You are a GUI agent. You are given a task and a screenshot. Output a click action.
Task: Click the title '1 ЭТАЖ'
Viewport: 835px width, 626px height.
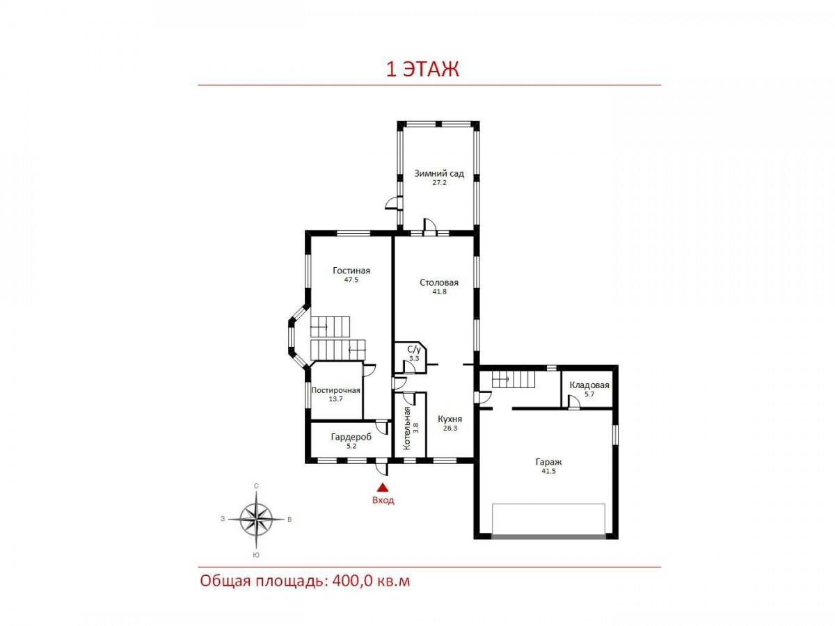[422, 69]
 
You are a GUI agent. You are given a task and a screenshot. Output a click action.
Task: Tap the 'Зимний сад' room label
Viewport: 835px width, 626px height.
[439, 174]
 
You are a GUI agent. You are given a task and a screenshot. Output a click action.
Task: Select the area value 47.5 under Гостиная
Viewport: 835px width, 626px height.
[351, 280]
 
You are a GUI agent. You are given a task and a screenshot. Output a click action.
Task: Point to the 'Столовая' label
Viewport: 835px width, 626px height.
[439, 282]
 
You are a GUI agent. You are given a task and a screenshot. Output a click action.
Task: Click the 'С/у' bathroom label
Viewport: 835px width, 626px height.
[414, 350]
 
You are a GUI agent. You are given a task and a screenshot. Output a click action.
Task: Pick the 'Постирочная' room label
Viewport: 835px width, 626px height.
[335, 390]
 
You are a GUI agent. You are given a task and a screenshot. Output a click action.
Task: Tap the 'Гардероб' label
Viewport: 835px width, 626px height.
[351, 437]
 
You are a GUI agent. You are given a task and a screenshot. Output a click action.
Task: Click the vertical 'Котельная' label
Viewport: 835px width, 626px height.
[406, 428]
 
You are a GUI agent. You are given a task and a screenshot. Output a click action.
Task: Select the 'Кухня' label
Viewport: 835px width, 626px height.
[450, 419]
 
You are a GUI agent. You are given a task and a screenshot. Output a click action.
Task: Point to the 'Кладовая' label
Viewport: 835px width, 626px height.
[589, 385]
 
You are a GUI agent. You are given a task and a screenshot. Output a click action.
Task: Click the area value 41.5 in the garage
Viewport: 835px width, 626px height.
[548, 472]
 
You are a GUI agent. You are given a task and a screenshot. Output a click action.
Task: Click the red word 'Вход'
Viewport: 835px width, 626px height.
[383, 500]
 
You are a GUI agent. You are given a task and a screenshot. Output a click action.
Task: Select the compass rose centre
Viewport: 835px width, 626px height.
[256, 519]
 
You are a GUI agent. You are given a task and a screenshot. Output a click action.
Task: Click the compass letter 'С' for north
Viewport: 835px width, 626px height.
[256, 486]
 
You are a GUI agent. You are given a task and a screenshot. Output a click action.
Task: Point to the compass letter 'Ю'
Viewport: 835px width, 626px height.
[256, 555]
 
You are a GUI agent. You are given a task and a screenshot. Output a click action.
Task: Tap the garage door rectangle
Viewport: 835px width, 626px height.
[548, 520]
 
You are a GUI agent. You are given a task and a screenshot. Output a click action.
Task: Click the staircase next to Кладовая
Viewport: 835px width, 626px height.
[514, 379]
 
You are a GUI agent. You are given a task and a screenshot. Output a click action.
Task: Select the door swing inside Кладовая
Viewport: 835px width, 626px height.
[574, 402]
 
